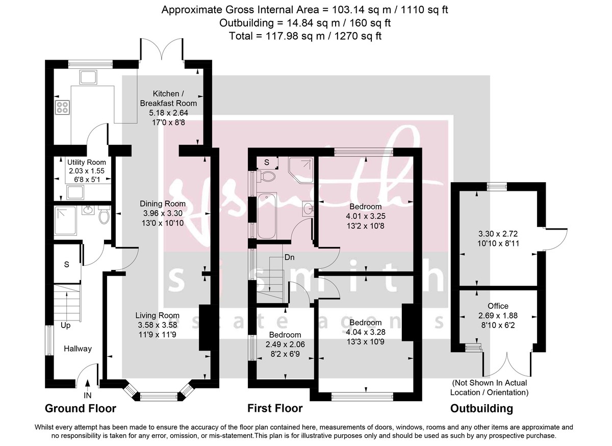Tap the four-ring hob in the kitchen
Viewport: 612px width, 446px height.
(x=62, y=108)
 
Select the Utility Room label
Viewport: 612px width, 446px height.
(x=86, y=162)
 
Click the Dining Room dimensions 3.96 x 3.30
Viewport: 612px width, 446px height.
(x=164, y=213)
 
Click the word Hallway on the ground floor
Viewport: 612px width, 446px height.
(x=78, y=349)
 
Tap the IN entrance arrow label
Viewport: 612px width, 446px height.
(x=87, y=395)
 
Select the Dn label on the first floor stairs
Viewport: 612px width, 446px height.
(x=290, y=257)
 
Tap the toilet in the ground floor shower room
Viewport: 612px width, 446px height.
(x=104, y=216)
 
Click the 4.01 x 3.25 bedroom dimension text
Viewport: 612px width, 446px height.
(x=365, y=215)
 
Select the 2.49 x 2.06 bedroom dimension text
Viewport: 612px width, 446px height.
(x=285, y=344)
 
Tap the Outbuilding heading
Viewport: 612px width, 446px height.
(x=481, y=408)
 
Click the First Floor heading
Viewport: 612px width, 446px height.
(x=275, y=408)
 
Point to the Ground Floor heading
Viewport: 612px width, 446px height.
(x=80, y=408)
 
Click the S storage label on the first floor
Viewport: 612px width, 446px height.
(x=266, y=163)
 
